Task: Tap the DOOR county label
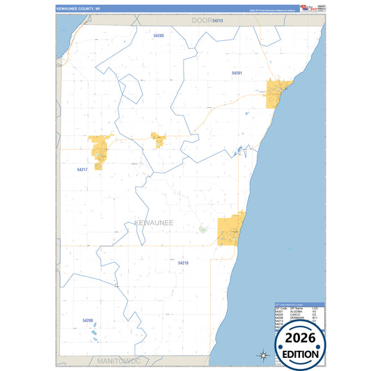pyautogui.click(x=203, y=21)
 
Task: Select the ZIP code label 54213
pyautogui.click(x=218, y=21)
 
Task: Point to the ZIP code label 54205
pyautogui.click(x=158, y=35)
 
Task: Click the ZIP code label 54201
pyautogui.click(x=237, y=72)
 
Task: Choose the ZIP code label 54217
pyautogui.click(x=82, y=169)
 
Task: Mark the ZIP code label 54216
pyautogui.click(x=183, y=262)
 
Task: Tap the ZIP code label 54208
pyautogui.click(x=88, y=320)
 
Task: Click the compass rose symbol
pyautogui.click(x=264, y=355)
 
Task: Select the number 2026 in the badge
pyautogui.click(x=300, y=339)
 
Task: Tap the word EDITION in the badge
pyautogui.click(x=300, y=354)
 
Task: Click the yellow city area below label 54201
pyautogui.click(x=279, y=93)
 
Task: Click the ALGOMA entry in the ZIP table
pyautogui.click(x=296, y=310)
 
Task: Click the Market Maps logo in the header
pyautogui.click(x=305, y=8)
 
